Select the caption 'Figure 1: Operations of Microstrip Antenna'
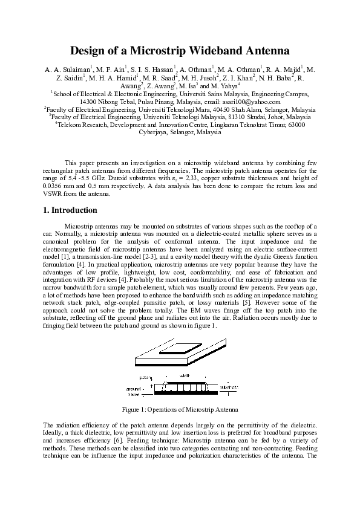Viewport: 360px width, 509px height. (x=180, y=409)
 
